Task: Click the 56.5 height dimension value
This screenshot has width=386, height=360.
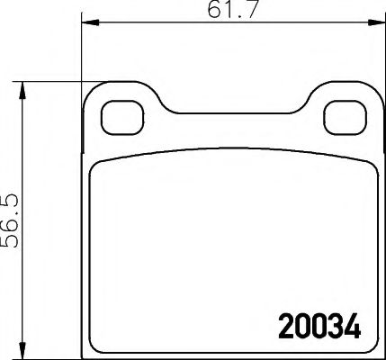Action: [x=12, y=216]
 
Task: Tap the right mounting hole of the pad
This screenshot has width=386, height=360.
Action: [x=338, y=114]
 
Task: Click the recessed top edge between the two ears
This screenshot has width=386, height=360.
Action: [x=228, y=114]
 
